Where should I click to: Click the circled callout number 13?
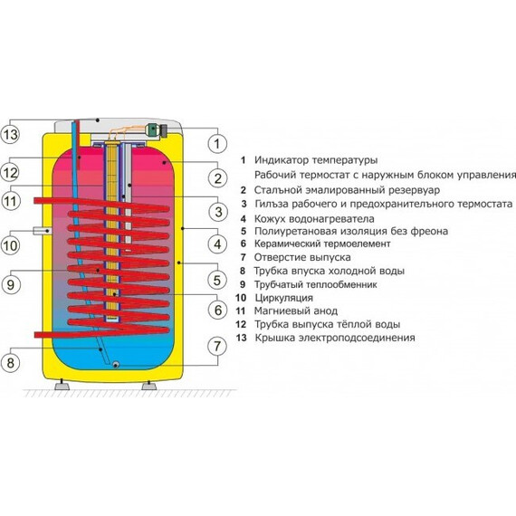10,134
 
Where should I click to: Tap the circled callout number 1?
217,143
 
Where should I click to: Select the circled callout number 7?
217,346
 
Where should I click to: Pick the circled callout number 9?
11,284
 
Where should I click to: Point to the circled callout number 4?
217,244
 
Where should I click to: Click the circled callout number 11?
10,201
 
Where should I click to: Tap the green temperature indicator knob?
153,129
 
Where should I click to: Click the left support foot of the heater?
62,385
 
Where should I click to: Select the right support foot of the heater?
148,385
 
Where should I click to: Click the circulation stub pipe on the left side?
42,231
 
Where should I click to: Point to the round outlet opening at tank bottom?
116,364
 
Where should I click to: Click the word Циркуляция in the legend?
283,298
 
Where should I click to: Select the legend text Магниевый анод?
296,311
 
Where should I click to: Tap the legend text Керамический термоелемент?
322,244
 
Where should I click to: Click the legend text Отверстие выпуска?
302,257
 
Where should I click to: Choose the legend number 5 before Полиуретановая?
244,232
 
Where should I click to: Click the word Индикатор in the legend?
282,160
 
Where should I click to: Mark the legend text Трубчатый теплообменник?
316,284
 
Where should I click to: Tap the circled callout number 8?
11,363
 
